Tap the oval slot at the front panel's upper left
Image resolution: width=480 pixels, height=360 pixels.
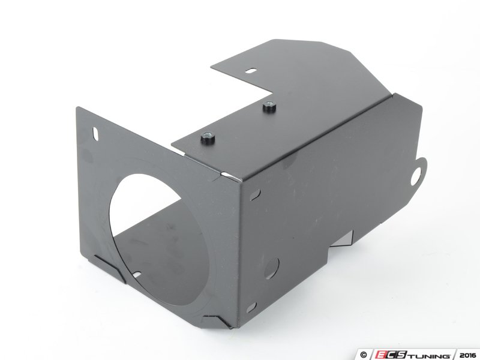coord(95,134)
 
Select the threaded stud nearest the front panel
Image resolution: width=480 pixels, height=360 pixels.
coord(207,139)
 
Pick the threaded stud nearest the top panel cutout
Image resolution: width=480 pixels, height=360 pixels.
coord(269,106)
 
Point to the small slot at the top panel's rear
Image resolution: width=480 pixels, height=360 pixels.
coord(251,71)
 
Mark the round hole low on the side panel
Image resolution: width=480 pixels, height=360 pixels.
coord(272,268)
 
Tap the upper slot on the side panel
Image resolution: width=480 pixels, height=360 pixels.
coord(254,194)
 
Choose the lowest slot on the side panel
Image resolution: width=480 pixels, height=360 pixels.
coord(251,307)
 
